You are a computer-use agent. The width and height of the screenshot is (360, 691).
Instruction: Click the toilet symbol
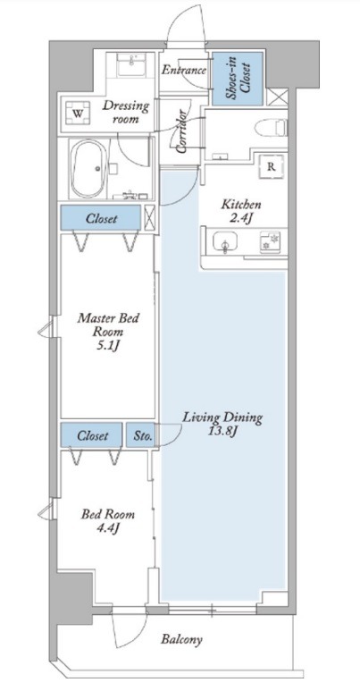[271, 129]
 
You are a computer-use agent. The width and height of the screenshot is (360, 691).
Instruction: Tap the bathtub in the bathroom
[88, 168]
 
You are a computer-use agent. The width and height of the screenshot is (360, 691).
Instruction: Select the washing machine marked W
[78, 114]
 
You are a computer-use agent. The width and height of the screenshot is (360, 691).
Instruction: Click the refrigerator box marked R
[272, 166]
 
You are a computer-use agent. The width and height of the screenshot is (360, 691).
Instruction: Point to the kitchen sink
[225, 241]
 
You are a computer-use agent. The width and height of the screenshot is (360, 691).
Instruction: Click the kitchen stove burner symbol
[269, 241]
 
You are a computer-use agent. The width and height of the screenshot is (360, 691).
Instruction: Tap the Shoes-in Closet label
[238, 80]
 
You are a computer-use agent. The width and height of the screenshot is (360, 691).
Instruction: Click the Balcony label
[181, 638]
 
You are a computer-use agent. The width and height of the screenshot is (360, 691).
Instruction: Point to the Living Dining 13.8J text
[222, 424]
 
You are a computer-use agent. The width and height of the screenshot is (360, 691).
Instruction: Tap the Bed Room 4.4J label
[108, 521]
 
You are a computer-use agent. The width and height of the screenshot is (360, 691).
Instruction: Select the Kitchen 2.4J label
[241, 211]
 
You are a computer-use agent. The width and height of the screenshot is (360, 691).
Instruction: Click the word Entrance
[184, 70]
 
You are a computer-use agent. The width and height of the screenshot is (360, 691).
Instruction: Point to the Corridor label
[181, 132]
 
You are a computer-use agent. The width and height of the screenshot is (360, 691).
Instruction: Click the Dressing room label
[126, 112]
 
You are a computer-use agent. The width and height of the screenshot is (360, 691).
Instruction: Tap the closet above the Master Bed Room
[101, 217]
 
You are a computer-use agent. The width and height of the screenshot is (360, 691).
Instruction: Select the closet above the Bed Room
[92, 435]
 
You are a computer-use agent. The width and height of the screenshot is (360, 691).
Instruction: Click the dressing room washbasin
[131, 64]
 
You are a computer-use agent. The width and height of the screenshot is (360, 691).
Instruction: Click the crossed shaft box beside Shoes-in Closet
[278, 97]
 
